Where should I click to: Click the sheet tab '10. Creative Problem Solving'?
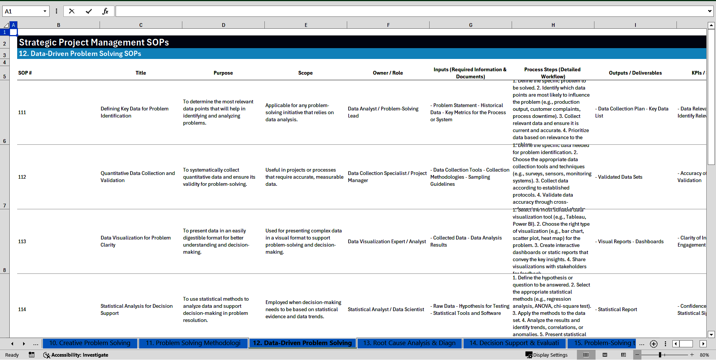[89, 343]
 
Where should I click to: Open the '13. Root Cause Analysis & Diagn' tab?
[409, 343]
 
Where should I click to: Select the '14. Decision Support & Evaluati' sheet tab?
[514, 343]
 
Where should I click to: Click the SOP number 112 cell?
[22, 177]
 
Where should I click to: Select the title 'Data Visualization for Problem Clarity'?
[136, 241]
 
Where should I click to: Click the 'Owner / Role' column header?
[388, 73]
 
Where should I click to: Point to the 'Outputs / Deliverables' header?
[635, 73]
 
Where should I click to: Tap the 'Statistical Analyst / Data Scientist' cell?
[386, 310]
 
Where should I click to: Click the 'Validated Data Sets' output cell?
[620, 177]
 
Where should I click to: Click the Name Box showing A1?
[22, 11]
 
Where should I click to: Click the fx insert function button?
[105, 11]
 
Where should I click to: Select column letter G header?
[471, 25]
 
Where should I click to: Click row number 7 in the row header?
[4, 206]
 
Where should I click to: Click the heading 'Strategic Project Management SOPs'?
[94, 43]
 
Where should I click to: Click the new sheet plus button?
[653, 344]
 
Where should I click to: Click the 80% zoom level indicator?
[704, 355]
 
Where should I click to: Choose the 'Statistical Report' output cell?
[618, 310]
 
